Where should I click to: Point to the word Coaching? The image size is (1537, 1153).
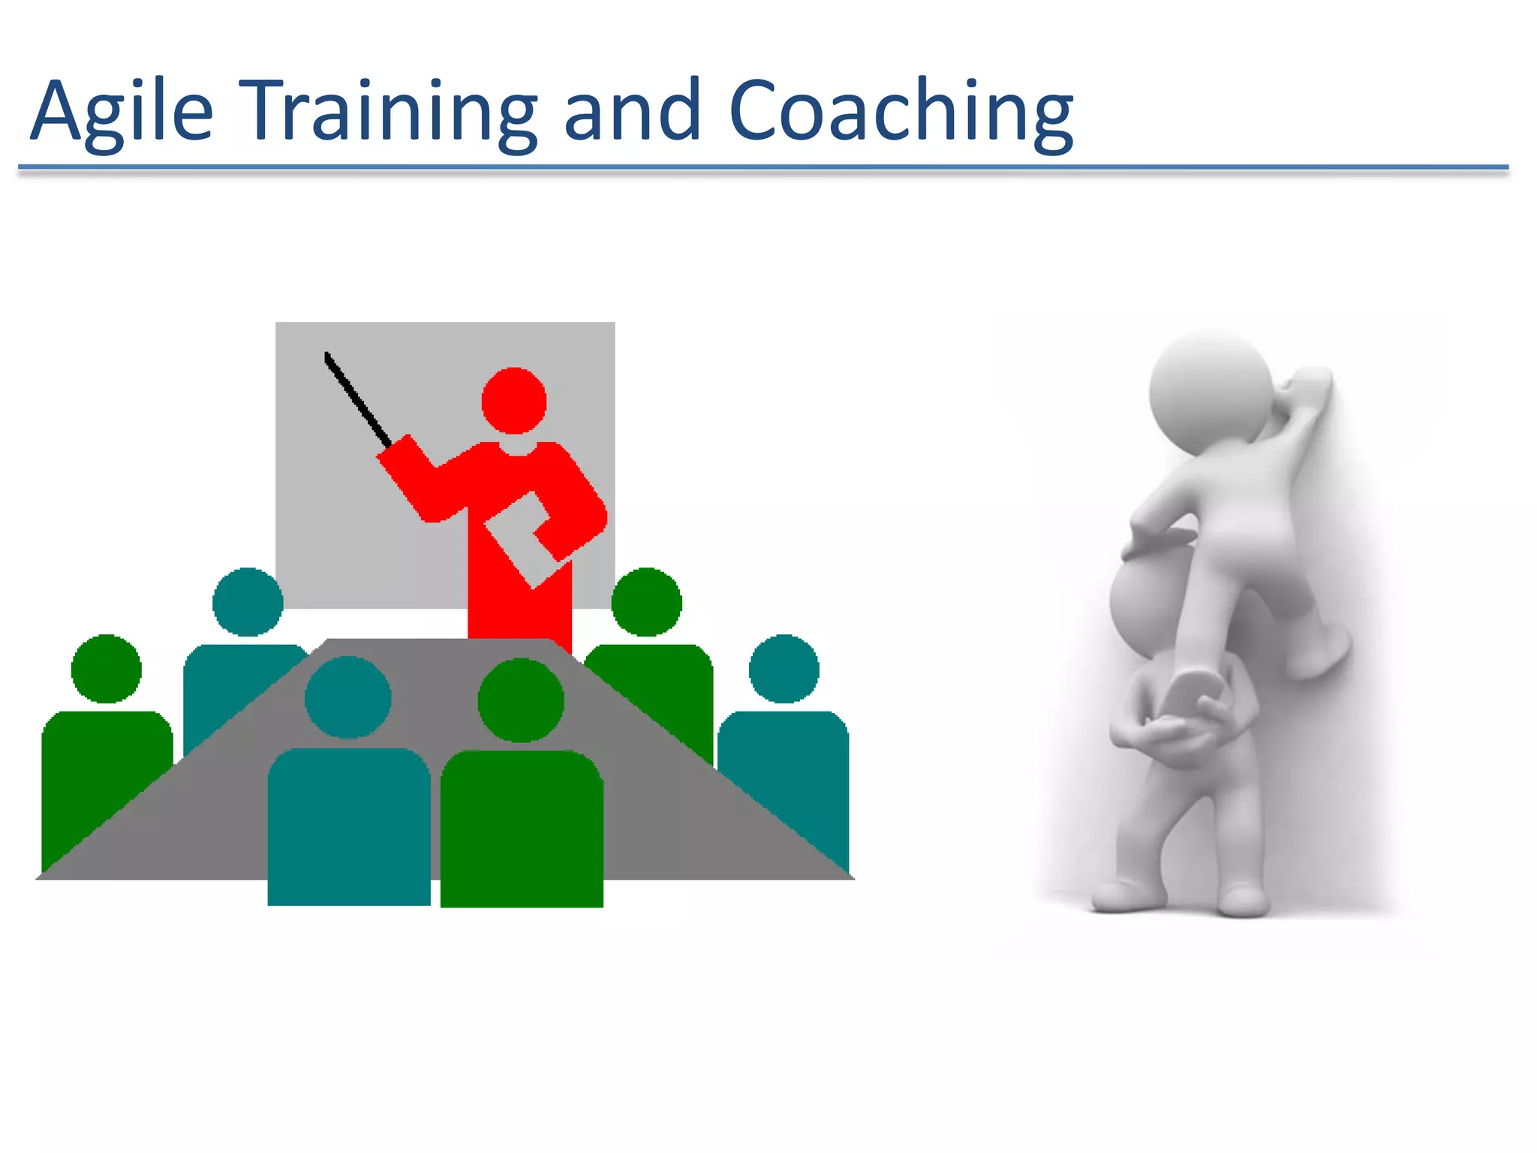[901, 111]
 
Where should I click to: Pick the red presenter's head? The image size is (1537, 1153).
[514, 400]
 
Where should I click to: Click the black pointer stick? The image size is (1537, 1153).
[357, 399]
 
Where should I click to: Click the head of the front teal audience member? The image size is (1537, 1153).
[347, 697]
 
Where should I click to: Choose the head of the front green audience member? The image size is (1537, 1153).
[521, 700]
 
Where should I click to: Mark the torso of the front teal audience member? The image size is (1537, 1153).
[349, 826]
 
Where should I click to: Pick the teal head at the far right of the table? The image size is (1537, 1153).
[784, 669]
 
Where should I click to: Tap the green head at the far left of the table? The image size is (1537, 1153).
[107, 669]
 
